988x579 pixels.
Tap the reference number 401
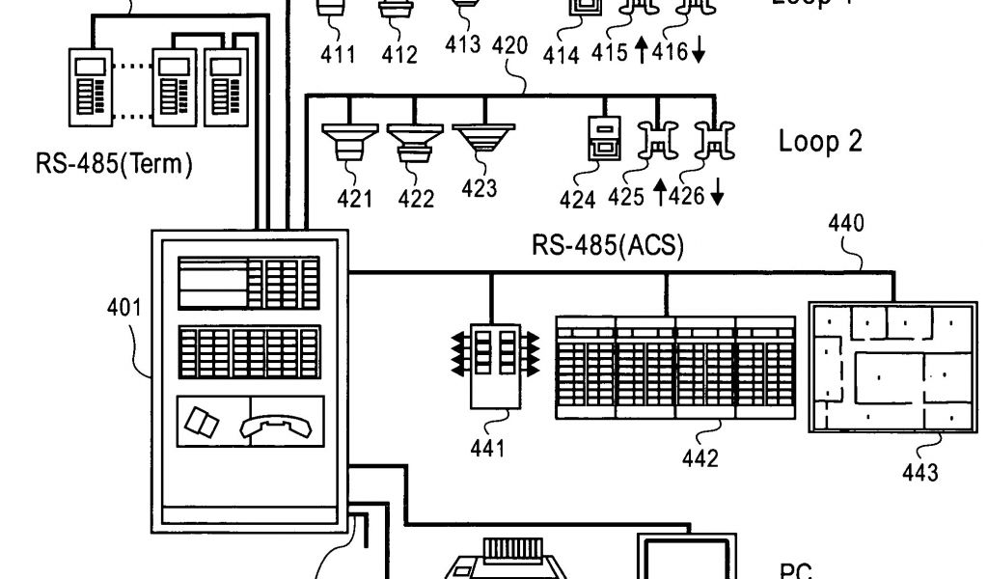(x=124, y=309)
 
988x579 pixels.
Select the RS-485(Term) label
(x=114, y=164)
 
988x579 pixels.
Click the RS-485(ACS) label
(x=608, y=245)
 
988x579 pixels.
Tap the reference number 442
(x=700, y=458)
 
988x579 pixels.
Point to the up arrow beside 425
(x=661, y=197)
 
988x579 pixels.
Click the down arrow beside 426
(x=717, y=197)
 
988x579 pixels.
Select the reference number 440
(x=846, y=225)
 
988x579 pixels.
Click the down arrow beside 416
(x=698, y=52)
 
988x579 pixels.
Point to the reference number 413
(x=463, y=44)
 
